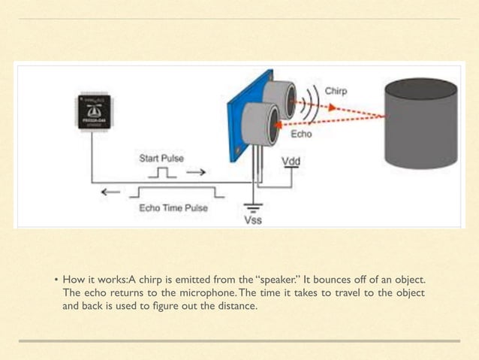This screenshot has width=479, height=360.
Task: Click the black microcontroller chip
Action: tap(95, 111)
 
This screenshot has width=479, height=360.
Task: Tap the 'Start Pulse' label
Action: tap(161, 159)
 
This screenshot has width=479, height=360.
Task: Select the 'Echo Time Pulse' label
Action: tap(173, 208)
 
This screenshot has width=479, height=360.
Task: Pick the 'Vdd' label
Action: tap(289, 161)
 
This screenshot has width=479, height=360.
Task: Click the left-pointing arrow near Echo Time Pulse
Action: tap(110, 192)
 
